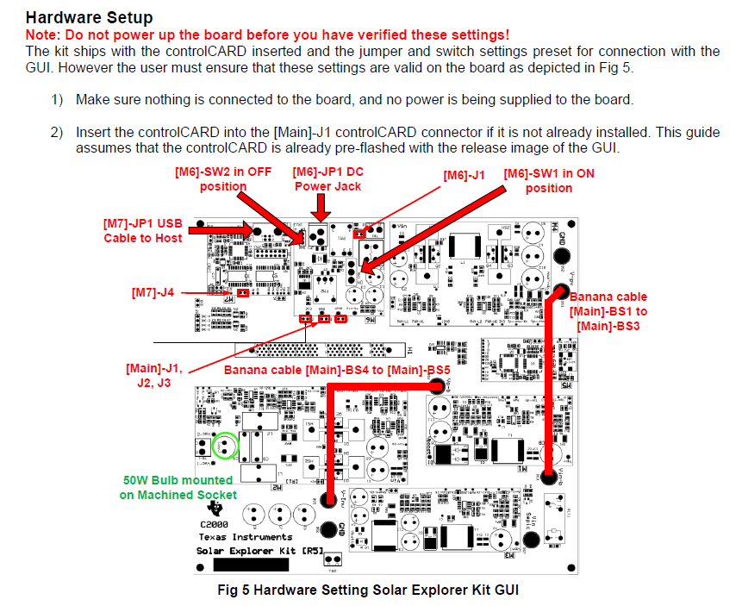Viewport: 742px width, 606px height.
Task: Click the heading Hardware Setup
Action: point(89,17)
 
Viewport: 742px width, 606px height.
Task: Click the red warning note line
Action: point(267,34)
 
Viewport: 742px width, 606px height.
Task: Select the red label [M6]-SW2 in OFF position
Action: point(223,179)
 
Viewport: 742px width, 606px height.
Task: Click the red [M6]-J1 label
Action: point(465,175)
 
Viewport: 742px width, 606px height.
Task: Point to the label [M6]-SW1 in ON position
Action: point(549,180)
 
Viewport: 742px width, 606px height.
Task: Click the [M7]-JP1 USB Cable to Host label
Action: point(143,230)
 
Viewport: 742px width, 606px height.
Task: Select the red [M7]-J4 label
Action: point(153,293)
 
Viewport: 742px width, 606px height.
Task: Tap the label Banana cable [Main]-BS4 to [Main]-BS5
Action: point(337,370)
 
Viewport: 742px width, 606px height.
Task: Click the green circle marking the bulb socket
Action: point(224,446)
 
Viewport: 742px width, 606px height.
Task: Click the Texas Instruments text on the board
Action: point(246,536)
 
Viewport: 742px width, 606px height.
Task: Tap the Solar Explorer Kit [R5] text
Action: point(247,550)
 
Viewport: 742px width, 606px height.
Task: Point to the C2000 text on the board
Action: point(215,523)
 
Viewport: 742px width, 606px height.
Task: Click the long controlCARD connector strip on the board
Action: point(320,350)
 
